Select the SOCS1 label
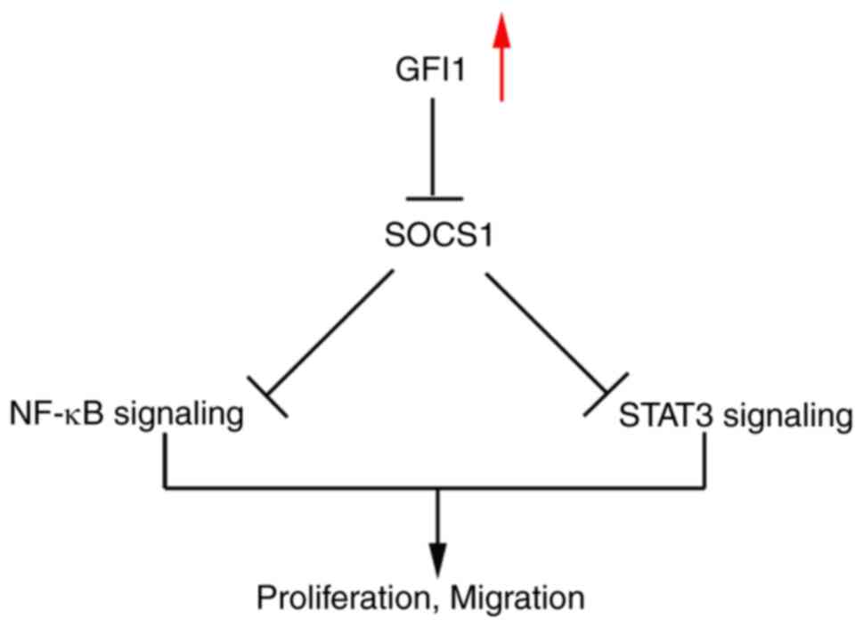click(x=432, y=239)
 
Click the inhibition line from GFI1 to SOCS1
click(x=432, y=147)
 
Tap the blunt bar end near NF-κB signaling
click(x=267, y=395)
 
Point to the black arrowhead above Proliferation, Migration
click(x=436, y=552)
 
